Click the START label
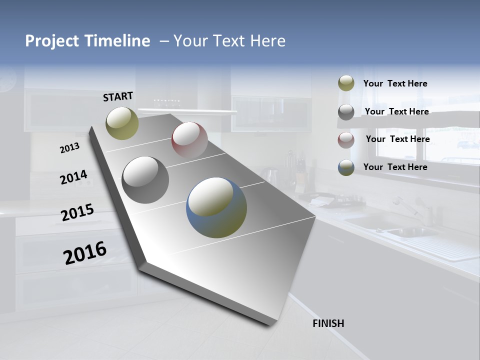(118, 96)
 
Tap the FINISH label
(328, 323)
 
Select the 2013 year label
(69, 148)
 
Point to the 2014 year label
(73, 177)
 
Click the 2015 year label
(77, 212)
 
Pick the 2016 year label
(85, 252)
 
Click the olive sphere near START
(122, 123)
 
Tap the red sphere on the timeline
(189, 140)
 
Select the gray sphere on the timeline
(145, 180)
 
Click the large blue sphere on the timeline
(216, 207)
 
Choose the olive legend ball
(346, 83)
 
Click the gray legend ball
(346, 112)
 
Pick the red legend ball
(346, 140)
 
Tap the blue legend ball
(346, 167)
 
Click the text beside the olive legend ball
(395, 83)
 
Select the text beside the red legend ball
(397, 139)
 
